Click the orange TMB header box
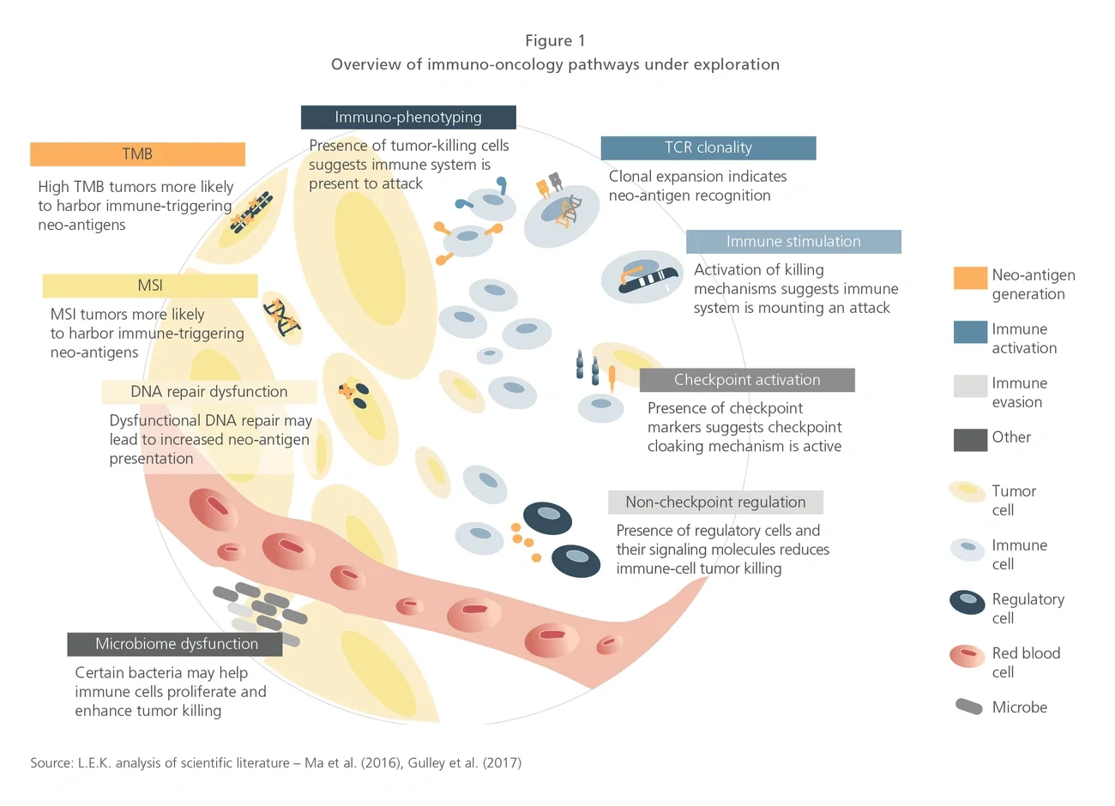[137, 154]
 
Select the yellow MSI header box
[150, 286]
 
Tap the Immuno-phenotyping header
[408, 117]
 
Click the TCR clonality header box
[708, 147]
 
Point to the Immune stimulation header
[793, 242]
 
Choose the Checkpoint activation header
[747, 380]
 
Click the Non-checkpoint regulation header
[715, 502]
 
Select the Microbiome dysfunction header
[176, 644]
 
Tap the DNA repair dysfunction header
[209, 392]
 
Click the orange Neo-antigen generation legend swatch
[970, 278]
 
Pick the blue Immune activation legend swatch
[970, 332]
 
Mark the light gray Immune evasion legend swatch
[970, 386]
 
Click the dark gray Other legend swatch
[970, 440]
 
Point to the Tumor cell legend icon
[967, 492]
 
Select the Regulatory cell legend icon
[967, 601]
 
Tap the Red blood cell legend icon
[967, 656]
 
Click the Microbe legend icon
[969, 707]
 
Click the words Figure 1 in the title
[555, 41]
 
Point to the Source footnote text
[275, 762]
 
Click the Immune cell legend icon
[967, 548]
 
